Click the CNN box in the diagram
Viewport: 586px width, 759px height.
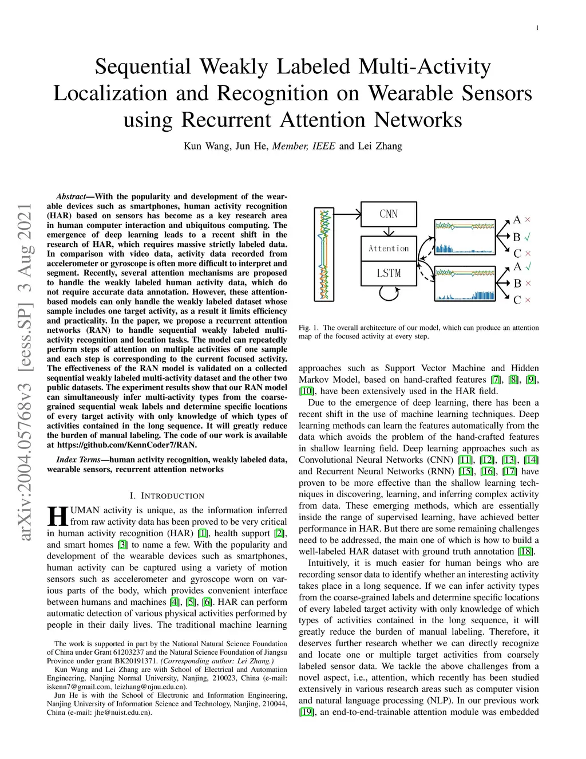coord(389,214)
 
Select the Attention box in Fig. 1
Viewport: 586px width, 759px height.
coord(389,249)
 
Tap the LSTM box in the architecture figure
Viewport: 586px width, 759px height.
coord(389,273)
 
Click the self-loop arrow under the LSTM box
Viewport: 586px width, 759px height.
coord(389,294)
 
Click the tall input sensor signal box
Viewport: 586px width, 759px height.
coord(324,254)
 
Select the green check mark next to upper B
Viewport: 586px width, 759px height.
coord(528,237)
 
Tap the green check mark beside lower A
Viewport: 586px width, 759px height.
coord(528,266)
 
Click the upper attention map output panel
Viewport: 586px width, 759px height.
coord(464,237)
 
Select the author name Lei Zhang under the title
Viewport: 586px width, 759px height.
coord(380,146)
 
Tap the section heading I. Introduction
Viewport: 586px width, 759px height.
coord(167,495)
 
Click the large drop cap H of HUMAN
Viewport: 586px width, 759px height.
coord(57,516)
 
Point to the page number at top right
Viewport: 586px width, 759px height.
coord(537,27)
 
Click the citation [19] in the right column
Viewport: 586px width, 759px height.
coord(306,712)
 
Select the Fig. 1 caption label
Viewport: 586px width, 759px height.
coord(308,328)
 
